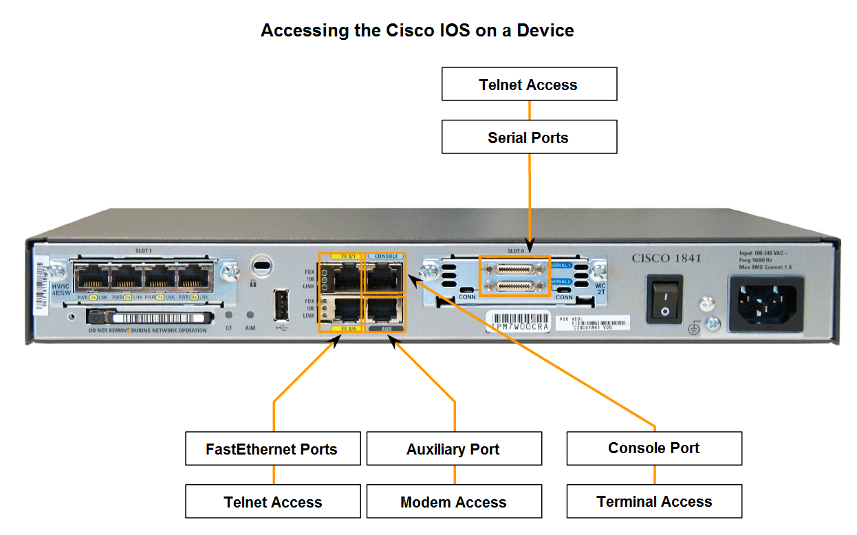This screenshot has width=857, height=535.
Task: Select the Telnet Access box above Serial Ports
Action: (x=528, y=85)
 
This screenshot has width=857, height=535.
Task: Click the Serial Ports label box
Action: (x=528, y=138)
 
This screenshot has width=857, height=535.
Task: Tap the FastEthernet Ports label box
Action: (x=272, y=449)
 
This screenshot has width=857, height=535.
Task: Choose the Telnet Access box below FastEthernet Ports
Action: (x=272, y=502)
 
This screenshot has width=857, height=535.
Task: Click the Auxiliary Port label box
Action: (x=453, y=449)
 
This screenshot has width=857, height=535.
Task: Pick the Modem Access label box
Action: (x=453, y=502)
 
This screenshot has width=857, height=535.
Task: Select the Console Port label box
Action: (x=653, y=448)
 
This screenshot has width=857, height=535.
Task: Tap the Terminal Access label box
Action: (x=653, y=502)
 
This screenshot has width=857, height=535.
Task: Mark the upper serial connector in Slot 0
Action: (x=514, y=267)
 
